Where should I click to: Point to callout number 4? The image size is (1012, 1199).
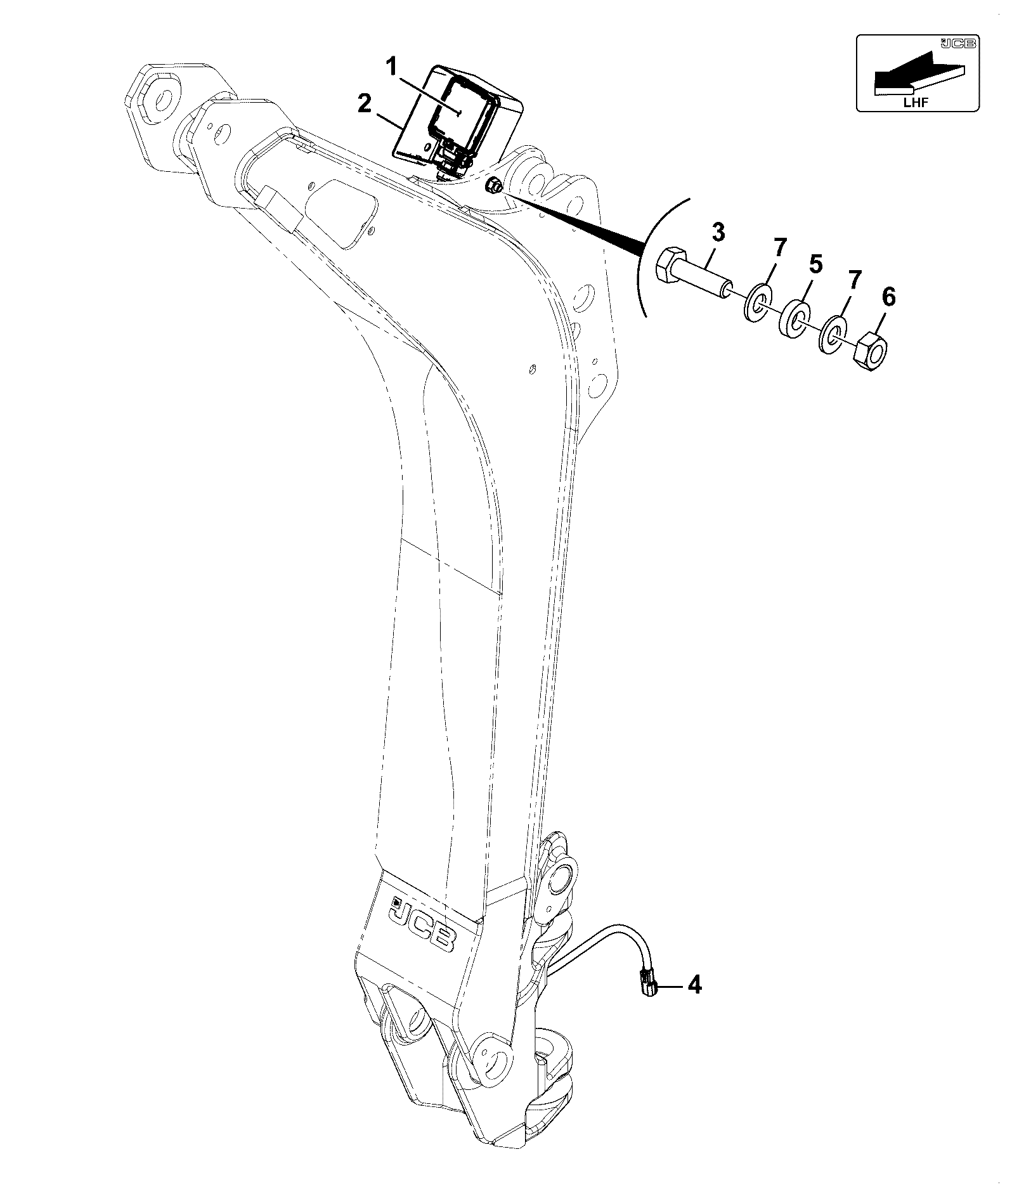click(x=695, y=1002)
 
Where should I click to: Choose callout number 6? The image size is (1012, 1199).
click(x=889, y=297)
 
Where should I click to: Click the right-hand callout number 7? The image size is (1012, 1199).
click(x=855, y=280)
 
